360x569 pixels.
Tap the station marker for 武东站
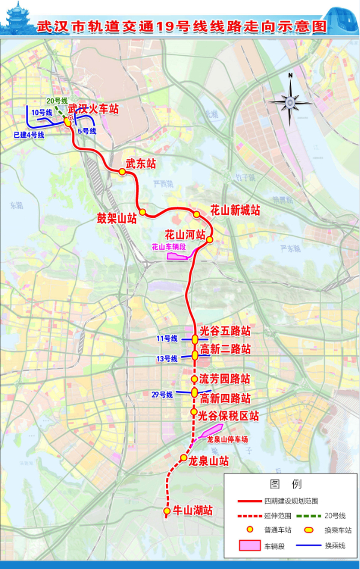(122, 172)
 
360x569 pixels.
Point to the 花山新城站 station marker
(197, 215)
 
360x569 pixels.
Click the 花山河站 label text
(186, 234)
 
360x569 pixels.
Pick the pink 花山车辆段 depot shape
(178, 257)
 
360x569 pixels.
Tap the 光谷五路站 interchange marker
(195, 340)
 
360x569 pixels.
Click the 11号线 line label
(166, 339)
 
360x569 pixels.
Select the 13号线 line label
(166, 358)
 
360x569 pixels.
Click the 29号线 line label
(162, 395)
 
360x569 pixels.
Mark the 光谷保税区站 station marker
(194, 412)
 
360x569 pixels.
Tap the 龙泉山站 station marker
(183, 458)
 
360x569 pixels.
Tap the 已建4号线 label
(29, 135)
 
